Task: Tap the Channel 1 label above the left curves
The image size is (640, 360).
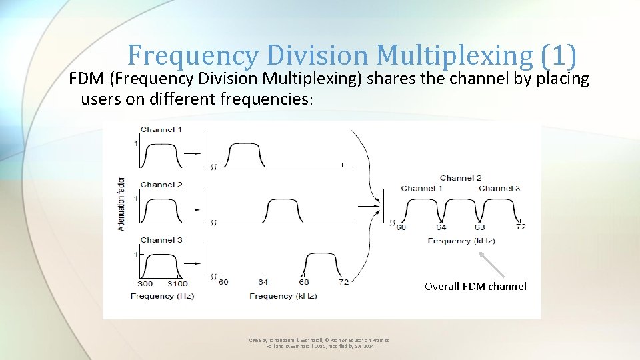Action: tap(161, 129)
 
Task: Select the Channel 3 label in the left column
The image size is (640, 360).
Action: tap(161, 240)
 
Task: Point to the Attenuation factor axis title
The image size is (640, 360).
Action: tap(121, 202)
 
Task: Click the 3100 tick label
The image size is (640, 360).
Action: tap(177, 283)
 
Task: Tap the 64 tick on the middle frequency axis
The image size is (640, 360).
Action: tap(263, 282)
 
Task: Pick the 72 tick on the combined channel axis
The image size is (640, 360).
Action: tap(521, 227)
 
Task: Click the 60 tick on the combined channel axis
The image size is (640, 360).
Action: tap(401, 227)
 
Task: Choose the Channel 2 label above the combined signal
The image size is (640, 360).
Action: tap(461, 178)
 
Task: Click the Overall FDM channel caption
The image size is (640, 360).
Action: tap(475, 287)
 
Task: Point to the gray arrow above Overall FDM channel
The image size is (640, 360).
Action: tap(493, 263)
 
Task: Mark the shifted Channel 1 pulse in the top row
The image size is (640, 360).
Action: tap(246, 155)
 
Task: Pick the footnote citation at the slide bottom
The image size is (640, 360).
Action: tap(319, 344)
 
